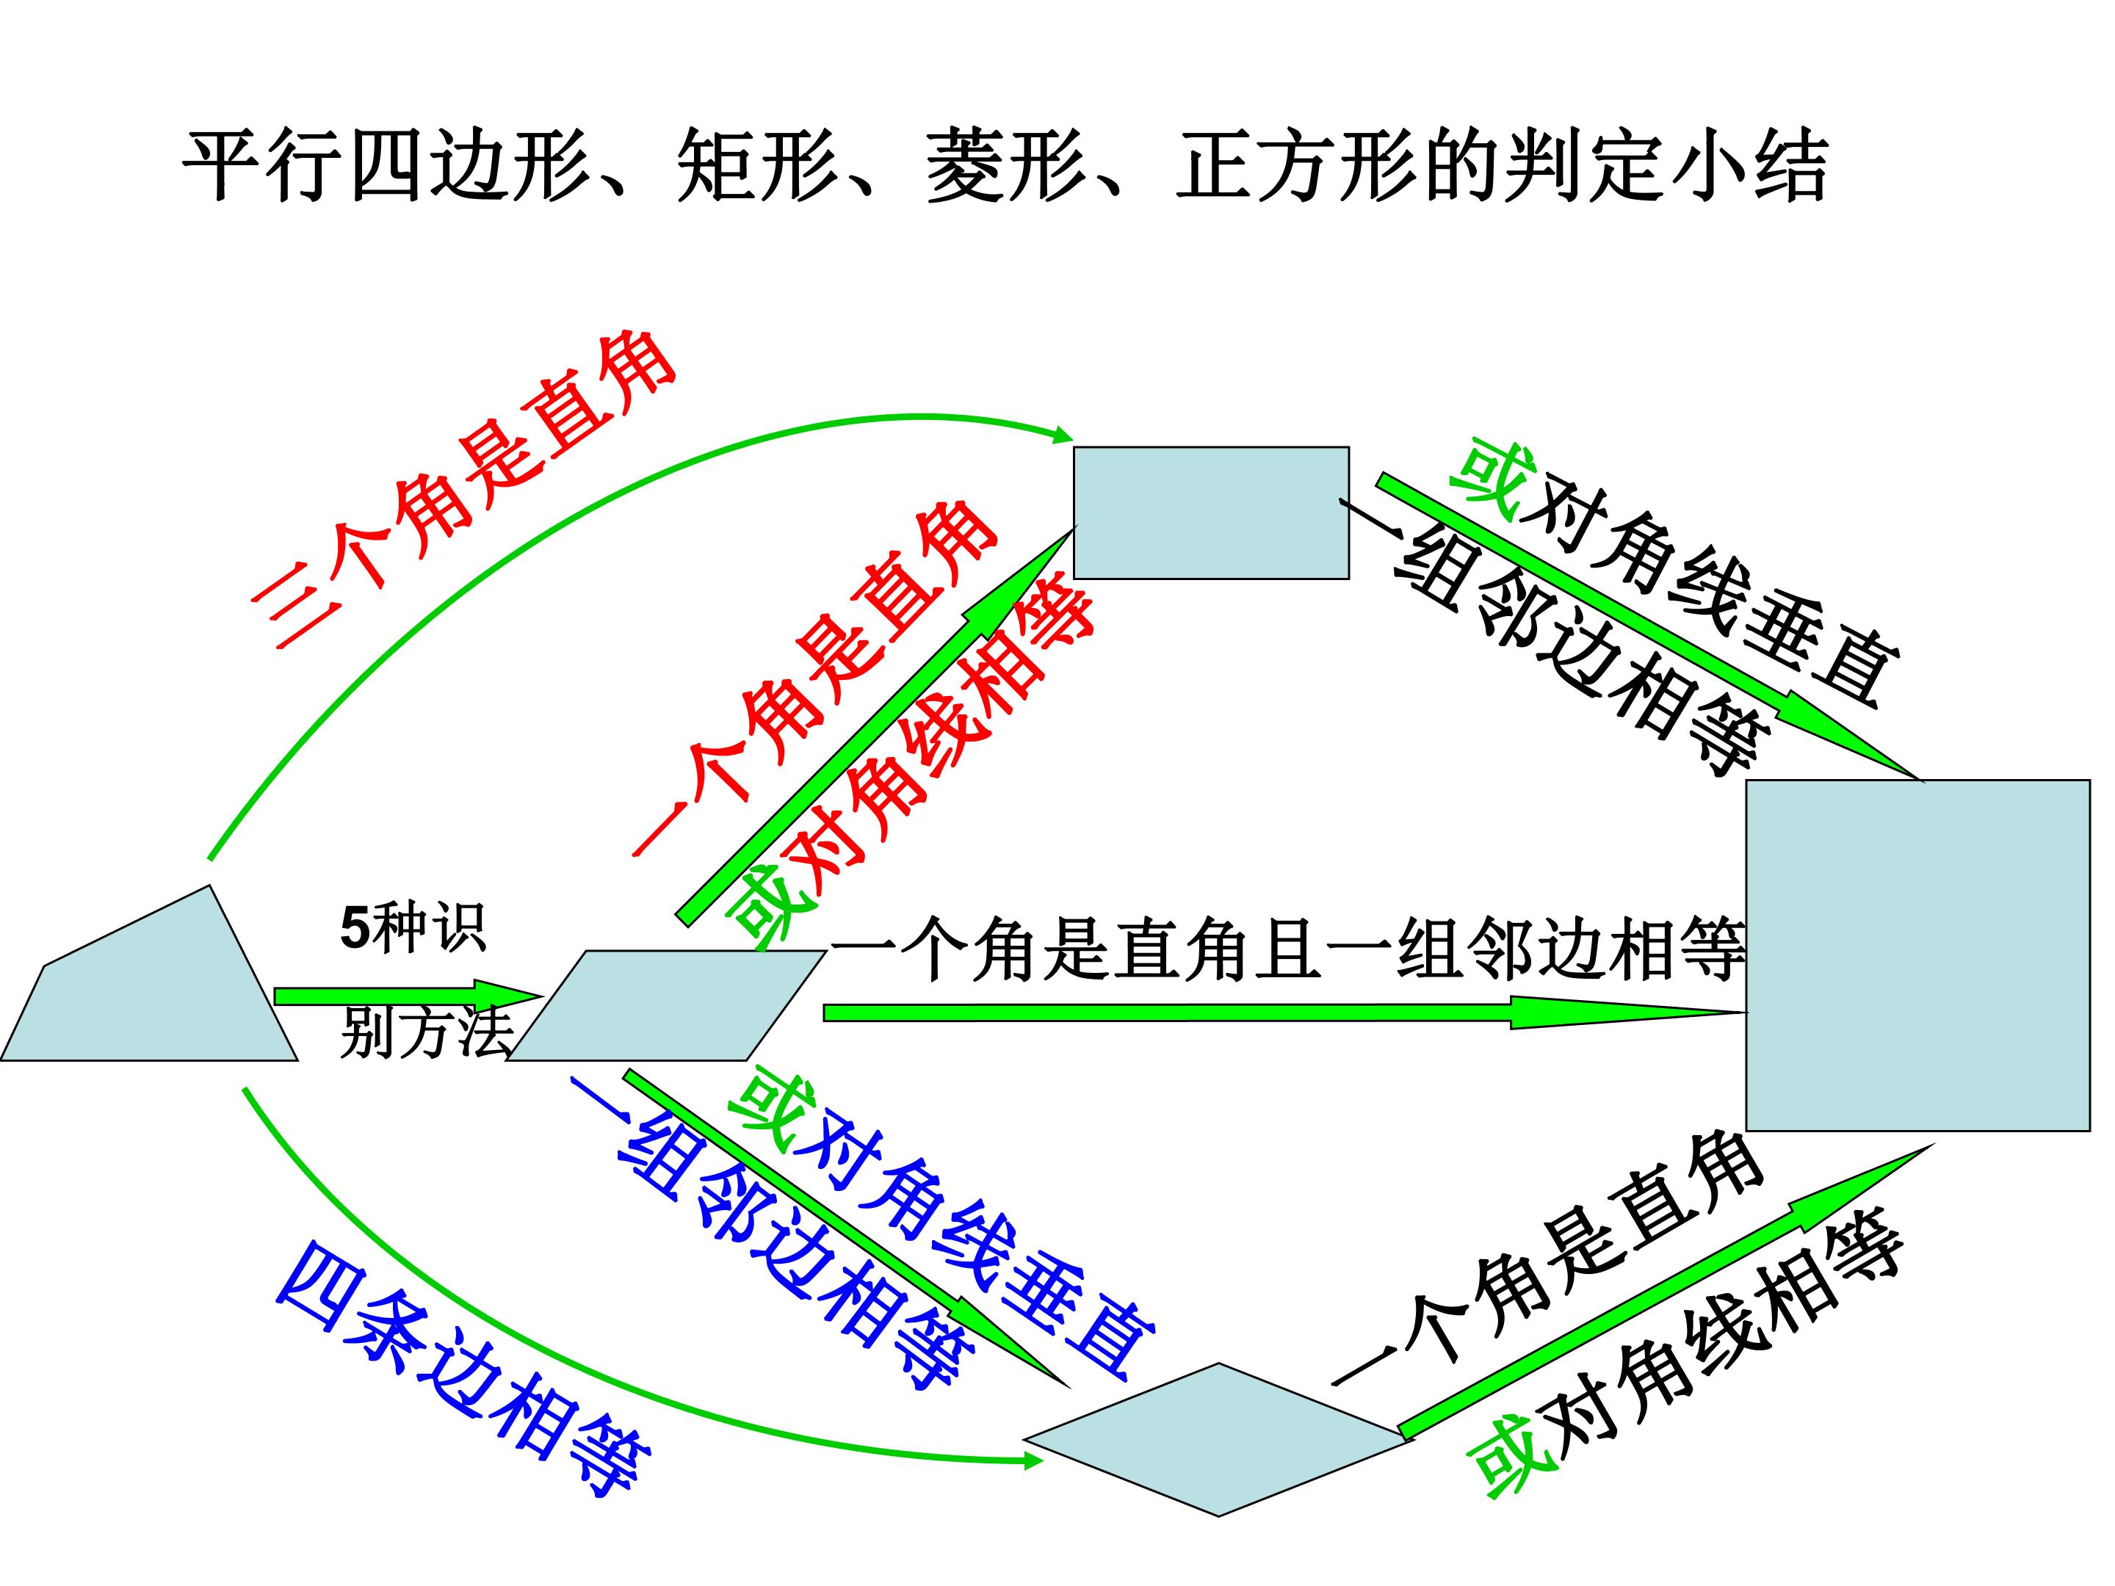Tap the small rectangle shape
[x=1212, y=513]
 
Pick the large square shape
[x=1918, y=955]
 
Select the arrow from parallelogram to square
[x=1285, y=1012]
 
